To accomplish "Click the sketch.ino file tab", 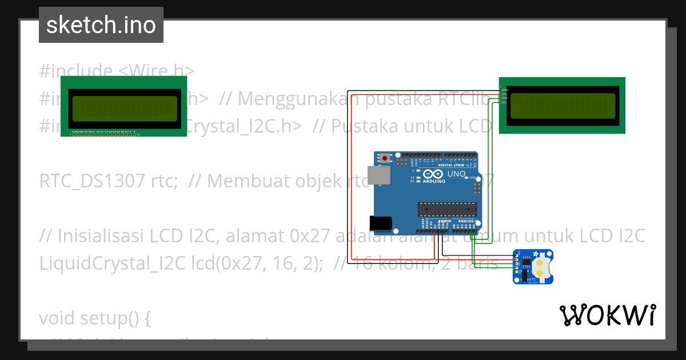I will coord(101,25).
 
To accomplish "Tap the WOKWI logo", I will coord(607,315).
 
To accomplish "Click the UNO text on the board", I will coord(456,174).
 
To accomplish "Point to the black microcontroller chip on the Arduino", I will coord(446,209).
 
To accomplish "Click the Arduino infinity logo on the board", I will coord(433,174).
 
